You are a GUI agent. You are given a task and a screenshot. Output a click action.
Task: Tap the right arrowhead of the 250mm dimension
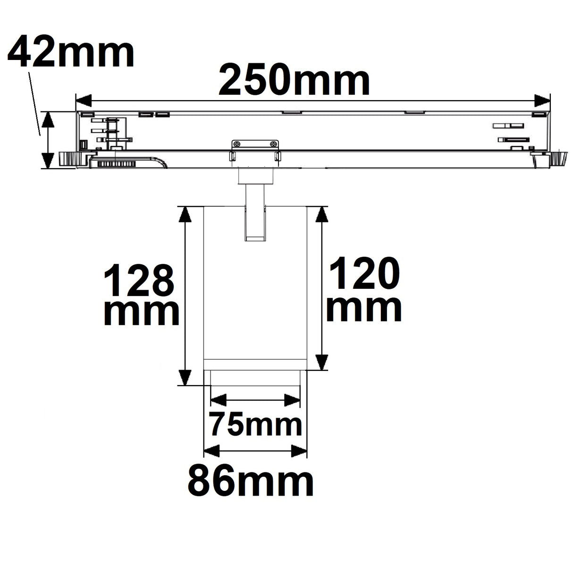(x=542, y=101)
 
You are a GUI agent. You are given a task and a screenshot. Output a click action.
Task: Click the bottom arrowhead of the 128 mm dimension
(x=185, y=377)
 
